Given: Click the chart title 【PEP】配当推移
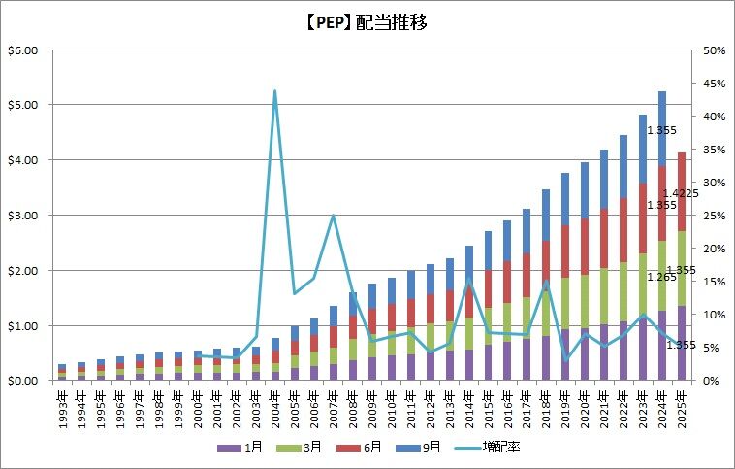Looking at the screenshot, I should pyautogui.click(x=367, y=21).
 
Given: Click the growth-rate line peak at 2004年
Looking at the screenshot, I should pyautogui.click(x=275, y=91).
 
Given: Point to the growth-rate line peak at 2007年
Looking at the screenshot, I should pyautogui.click(x=334, y=216).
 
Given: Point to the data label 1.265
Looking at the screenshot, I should pyautogui.click(x=662, y=276).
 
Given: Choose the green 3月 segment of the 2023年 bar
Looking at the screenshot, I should pyautogui.click(x=643, y=282).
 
